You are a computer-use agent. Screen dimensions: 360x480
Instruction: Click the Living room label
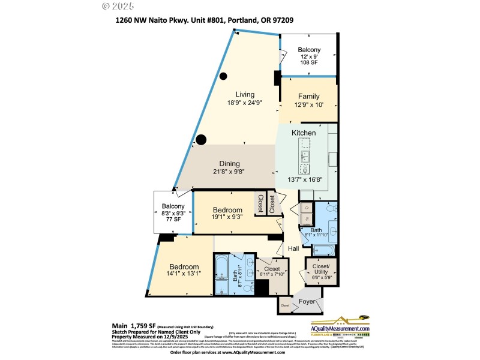[x=245, y=94]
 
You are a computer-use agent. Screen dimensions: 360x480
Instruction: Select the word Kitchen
[x=304, y=133]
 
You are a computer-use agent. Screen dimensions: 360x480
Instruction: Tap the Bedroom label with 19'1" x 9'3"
[x=227, y=209]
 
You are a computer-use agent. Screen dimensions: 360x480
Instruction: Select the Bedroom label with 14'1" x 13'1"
[x=184, y=267]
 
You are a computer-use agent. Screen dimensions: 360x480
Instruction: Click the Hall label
[x=293, y=248]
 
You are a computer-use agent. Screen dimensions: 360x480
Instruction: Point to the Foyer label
[x=307, y=301]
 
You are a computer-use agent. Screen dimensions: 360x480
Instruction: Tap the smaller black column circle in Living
[x=223, y=76]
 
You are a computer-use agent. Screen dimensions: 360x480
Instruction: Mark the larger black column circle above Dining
[x=201, y=140]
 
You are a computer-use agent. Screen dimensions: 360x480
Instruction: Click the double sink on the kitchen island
[x=305, y=157]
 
